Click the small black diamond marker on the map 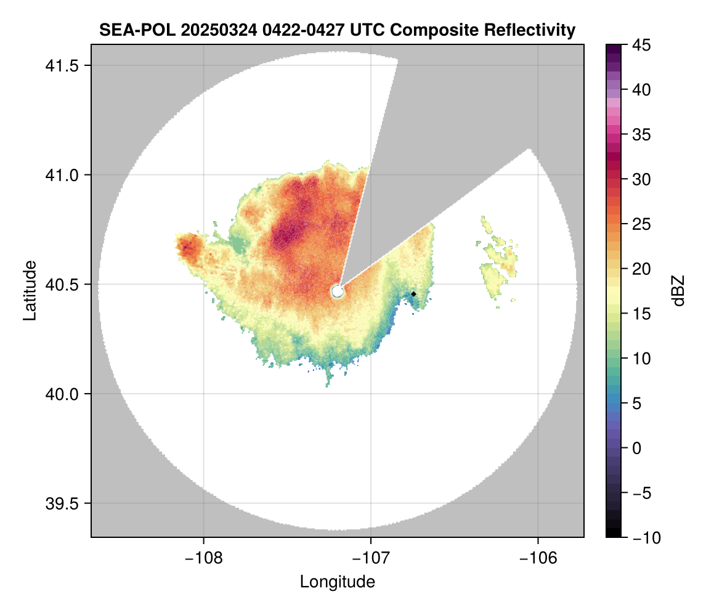point(413,294)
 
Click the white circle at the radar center point(337,291)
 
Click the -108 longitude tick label point(203,558)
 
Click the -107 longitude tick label point(371,558)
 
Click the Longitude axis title point(337,582)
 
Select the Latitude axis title point(30,290)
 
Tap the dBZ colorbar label point(678,290)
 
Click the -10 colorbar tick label point(644,538)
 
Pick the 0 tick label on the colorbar point(637,448)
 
